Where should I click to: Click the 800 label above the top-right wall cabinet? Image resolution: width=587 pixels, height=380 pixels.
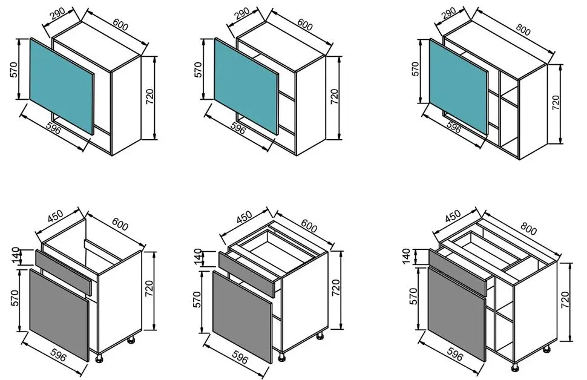point(523,29)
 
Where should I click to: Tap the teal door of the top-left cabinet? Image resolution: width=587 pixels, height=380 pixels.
point(62,85)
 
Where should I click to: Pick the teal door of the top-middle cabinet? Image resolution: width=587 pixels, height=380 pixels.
point(247,86)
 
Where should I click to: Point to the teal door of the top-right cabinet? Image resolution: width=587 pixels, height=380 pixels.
point(459,87)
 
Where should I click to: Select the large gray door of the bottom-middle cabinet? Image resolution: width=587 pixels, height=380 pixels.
point(242,316)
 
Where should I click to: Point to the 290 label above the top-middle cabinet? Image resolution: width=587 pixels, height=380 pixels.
point(242,14)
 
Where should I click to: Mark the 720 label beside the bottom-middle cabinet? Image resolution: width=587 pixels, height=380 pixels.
point(336,288)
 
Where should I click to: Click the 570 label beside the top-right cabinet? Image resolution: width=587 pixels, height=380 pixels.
point(415,69)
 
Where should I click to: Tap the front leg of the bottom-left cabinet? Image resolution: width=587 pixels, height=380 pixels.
point(100,358)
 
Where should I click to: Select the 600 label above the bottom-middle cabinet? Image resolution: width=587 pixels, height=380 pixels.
point(309,226)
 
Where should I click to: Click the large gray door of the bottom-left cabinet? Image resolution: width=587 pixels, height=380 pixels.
point(59,315)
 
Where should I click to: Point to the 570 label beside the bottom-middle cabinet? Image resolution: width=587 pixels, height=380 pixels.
point(197,299)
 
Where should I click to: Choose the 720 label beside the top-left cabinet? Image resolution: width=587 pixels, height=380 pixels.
point(149,97)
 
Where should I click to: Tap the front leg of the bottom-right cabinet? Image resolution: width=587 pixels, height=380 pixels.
point(515,367)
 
